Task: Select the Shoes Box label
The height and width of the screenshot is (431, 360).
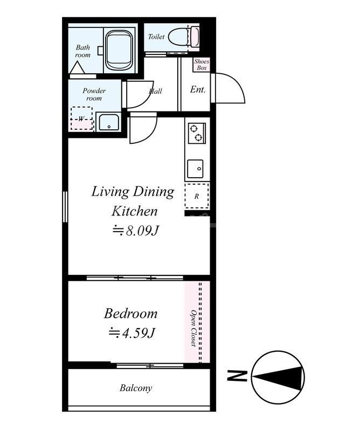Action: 202,65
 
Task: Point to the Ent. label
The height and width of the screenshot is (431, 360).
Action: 198,89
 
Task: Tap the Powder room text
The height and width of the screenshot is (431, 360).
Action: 94,94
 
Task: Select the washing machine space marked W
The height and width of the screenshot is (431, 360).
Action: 82,119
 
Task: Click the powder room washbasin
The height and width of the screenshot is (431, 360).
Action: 109,122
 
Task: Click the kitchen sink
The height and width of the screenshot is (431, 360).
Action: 195,169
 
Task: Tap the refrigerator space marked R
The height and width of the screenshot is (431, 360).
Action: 197,196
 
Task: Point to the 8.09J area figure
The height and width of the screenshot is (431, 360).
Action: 136,231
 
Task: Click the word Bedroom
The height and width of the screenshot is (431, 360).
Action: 130,314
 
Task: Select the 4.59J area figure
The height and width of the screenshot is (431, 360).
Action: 132,333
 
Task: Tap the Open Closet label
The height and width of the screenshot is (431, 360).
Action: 193,328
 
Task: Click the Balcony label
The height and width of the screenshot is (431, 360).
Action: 136,388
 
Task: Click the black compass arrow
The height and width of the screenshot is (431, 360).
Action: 278,377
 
